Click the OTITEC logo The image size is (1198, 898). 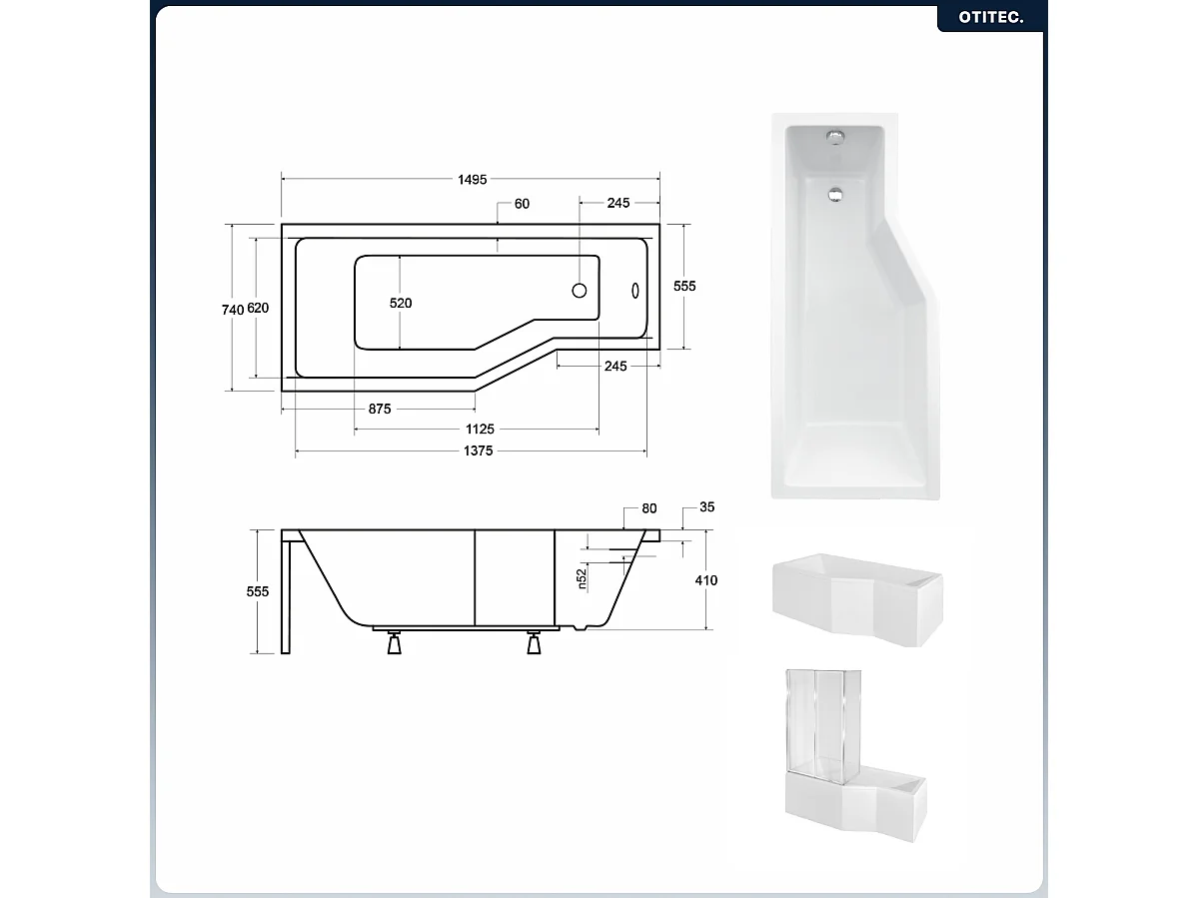click(x=991, y=17)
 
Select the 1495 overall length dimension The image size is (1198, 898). click(x=472, y=180)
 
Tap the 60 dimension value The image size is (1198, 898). click(x=522, y=204)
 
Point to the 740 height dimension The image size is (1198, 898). click(x=232, y=310)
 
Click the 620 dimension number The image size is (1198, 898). click(x=258, y=309)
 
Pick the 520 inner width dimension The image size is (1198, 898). click(x=401, y=303)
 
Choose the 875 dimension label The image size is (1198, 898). click(x=379, y=409)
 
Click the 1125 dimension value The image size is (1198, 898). click(x=480, y=430)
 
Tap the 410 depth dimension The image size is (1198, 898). click(x=706, y=580)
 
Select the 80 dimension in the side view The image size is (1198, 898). click(x=649, y=508)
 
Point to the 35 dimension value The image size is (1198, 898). click(x=706, y=507)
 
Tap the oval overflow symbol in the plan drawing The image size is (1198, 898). click(x=634, y=290)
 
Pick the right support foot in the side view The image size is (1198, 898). click(x=536, y=644)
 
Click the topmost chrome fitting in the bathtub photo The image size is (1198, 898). click(x=833, y=135)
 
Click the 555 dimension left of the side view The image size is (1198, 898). click(x=258, y=591)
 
